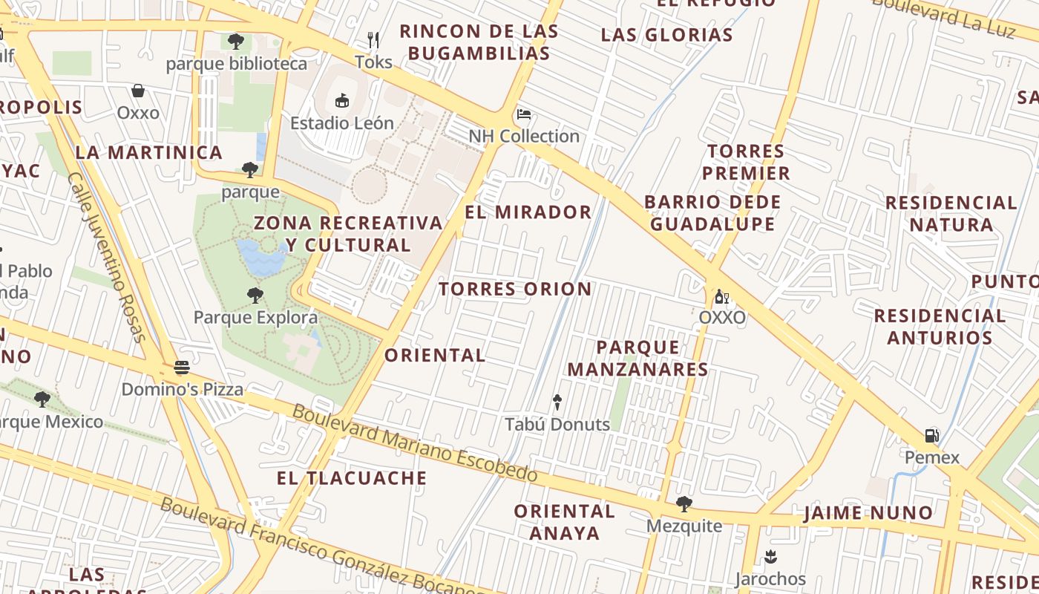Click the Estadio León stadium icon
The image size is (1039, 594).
click(342, 100)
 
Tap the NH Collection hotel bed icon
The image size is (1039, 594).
click(524, 114)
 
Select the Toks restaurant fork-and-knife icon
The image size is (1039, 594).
click(373, 39)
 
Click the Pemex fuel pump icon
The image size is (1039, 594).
click(932, 435)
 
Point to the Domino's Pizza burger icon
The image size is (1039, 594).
click(182, 367)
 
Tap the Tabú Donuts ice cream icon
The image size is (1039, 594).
click(557, 402)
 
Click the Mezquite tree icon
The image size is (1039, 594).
click(684, 504)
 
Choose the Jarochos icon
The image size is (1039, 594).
click(770, 556)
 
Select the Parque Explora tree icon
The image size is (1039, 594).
click(255, 296)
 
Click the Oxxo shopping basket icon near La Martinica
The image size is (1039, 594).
click(138, 91)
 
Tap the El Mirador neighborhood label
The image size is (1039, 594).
click(528, 212)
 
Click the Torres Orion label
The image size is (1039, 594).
click(515, 289)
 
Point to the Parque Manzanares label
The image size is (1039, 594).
click(638, 358)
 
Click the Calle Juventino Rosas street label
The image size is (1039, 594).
click(107, 257)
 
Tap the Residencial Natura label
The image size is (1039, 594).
click(951, 213)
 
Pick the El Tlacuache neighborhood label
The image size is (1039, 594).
click(352, 478)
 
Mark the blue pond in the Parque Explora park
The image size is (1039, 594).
click(259, 257)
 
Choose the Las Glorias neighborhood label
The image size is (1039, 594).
click(666, 35)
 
